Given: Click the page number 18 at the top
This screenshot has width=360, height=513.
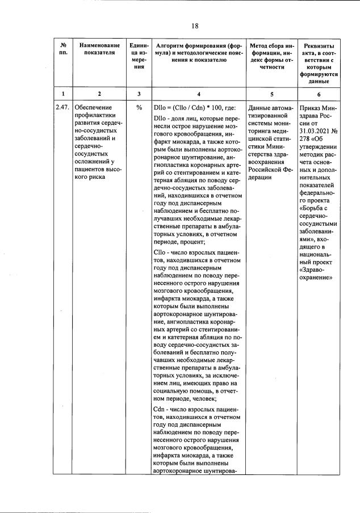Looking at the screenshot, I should [x=194, y=26].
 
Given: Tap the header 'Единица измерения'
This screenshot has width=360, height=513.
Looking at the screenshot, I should [x=139, y=56].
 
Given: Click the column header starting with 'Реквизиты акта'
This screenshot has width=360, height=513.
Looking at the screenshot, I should [x=319, y=63].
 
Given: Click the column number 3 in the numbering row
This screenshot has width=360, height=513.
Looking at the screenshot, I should [x=139, y=94].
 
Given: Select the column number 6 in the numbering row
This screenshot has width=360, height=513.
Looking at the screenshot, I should [x=319, y=94].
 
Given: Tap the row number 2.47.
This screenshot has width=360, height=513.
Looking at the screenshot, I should [x=62, y=107].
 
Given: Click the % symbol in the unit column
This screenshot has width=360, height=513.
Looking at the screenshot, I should [x=139, y=107].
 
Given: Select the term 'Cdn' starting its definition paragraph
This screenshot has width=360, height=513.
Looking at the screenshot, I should [x=159, y=410].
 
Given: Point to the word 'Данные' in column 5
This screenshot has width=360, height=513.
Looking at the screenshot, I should [x=260, y=107].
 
